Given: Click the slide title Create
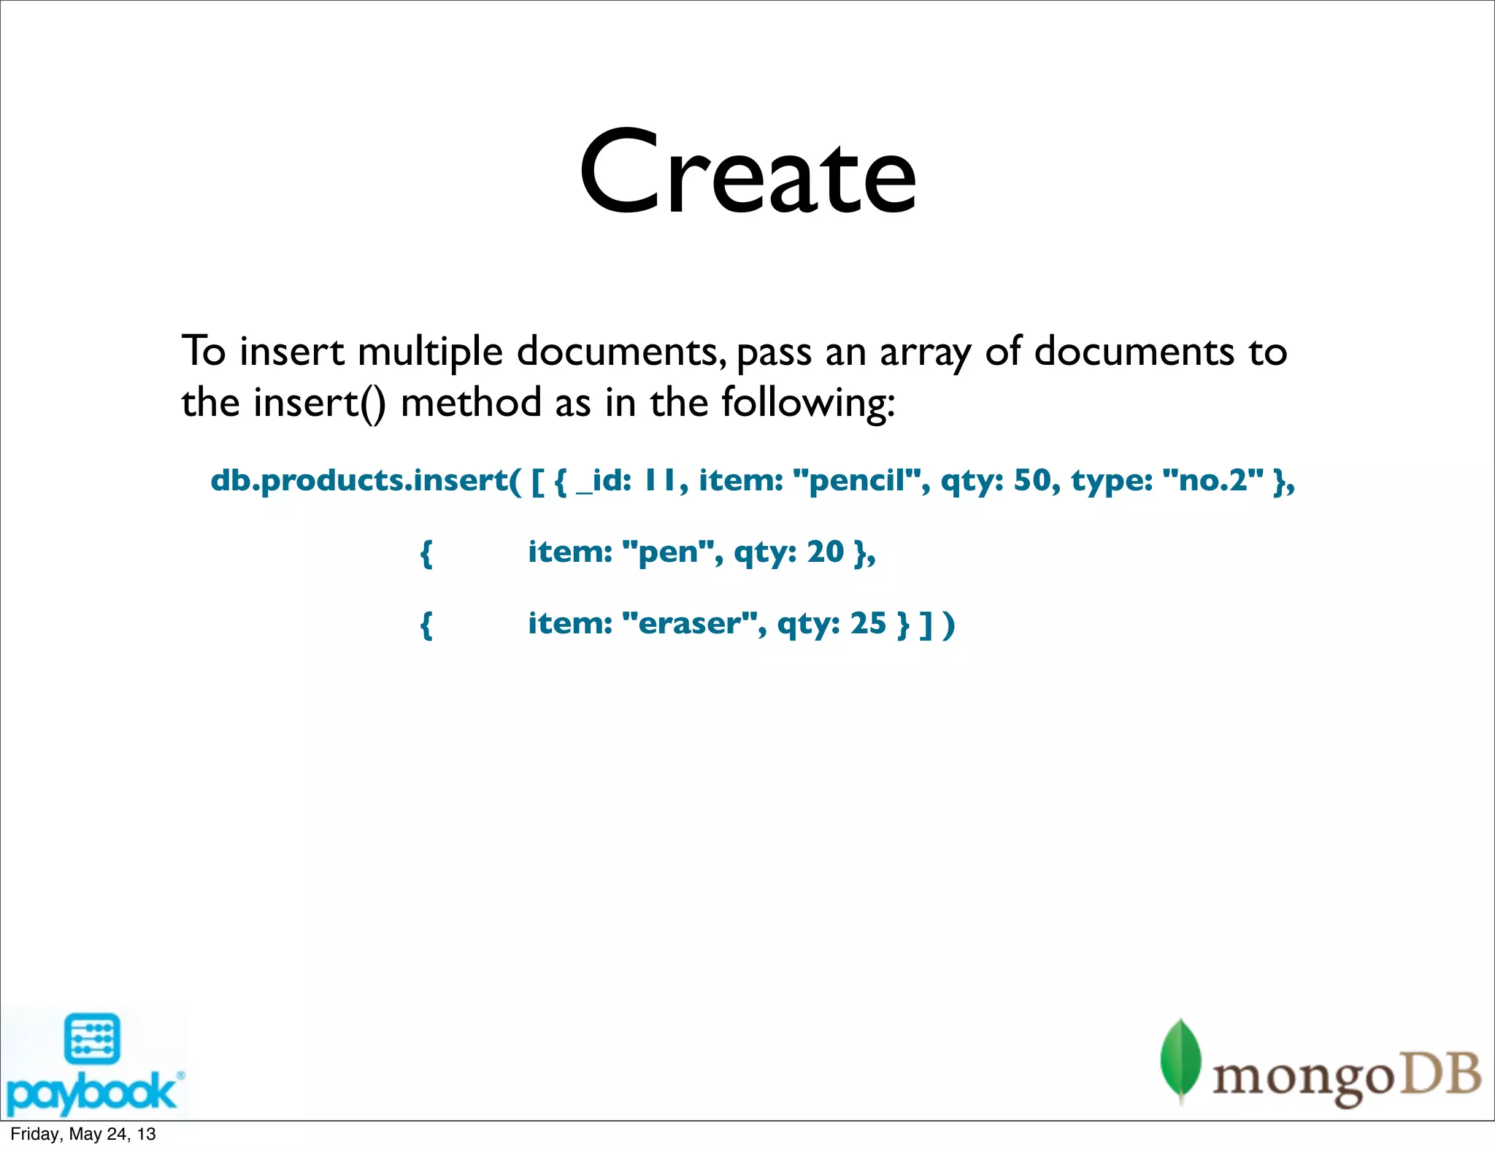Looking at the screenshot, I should (747, 173).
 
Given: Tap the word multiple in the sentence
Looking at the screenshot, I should (430, 352).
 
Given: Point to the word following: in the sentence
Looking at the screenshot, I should (808, 404).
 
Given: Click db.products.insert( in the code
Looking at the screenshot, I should (366, 480).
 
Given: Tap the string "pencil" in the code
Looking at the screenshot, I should (860, 480).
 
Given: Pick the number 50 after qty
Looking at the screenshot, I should (1032, 480).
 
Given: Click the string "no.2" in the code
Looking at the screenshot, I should (1212, 480).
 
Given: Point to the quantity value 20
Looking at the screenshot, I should (826, 552).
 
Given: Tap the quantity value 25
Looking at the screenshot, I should (869, 624).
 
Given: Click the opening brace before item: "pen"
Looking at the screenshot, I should (426, 553).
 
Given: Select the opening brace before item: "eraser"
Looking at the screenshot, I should (426, 625).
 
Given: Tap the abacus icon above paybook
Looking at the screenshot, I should (92, 1039).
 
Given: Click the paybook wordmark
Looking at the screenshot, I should (91, 1092).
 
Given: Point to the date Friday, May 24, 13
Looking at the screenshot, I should (83, 1134).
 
